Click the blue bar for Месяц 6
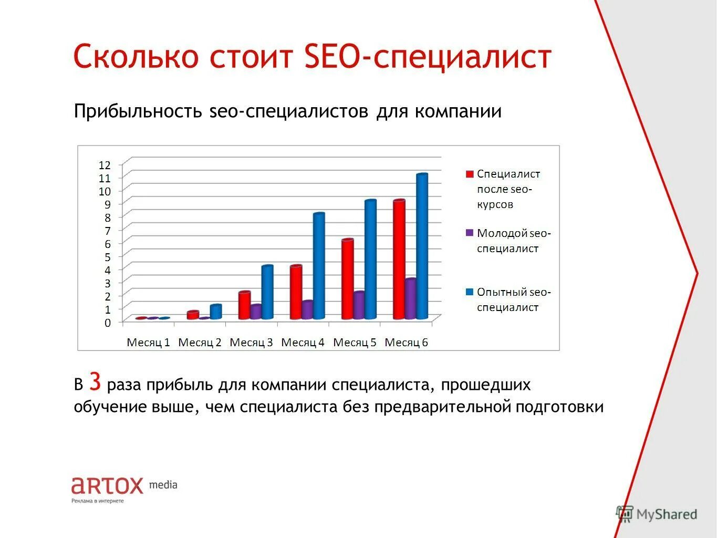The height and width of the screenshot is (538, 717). click(422, 247)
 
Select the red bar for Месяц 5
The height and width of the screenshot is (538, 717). click(347, 280)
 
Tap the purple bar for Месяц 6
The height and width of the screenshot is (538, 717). click(411, 299)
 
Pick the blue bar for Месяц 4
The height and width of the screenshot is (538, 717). click(319, 266)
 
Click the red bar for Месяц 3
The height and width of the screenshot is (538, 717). click(244, 306)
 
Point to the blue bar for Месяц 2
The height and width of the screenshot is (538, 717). click(215, 312)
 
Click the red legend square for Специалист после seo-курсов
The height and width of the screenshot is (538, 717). click(470, 174)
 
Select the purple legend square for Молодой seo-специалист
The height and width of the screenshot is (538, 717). click(470, 233)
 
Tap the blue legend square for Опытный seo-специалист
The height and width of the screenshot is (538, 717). click(470, 292)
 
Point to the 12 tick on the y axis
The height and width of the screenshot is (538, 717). click(105, 165)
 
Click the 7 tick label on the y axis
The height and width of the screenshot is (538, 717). click(108, 231)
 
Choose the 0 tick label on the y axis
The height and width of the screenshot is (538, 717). click(108, 323)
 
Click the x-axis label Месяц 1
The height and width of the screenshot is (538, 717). click(148, 343)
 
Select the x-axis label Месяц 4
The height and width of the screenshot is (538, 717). click(303, 343)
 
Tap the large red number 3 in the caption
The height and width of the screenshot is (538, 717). click(95, 381)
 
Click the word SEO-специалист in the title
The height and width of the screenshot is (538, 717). click(428, 57)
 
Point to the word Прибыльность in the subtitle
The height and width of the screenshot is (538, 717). click(138, 111)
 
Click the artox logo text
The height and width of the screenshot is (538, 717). click(107, 485)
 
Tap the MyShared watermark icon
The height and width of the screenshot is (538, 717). click(625, 514)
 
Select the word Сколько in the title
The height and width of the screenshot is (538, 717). click(136, 57)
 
